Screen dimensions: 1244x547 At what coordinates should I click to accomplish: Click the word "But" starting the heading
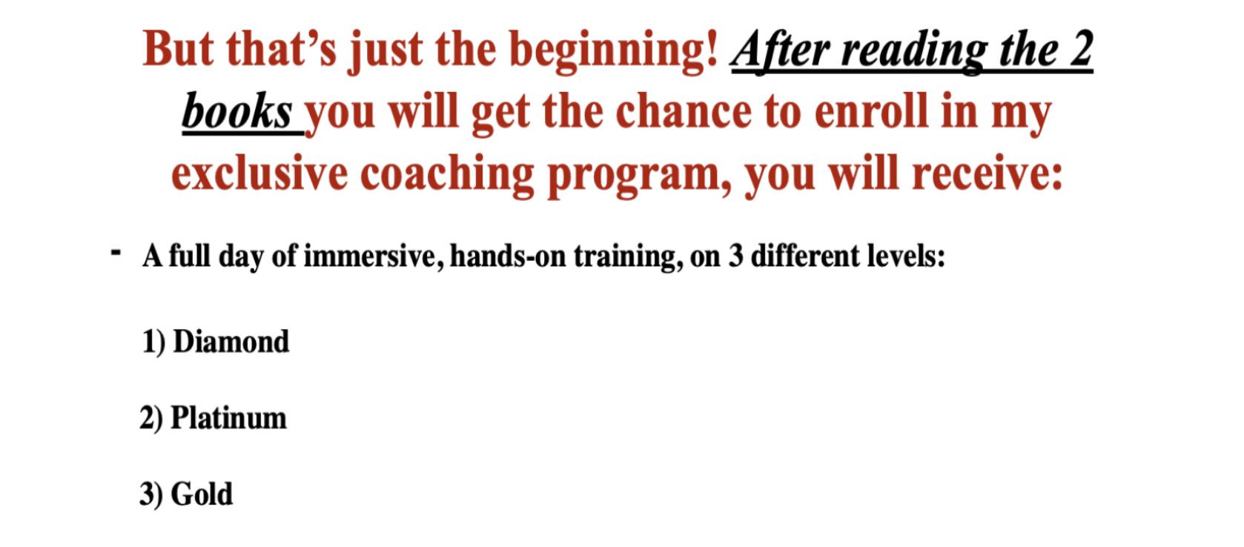(x=178, y=49)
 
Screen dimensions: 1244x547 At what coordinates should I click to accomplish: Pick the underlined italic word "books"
(x=237, y=111)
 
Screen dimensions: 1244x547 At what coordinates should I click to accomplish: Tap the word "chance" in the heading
(x=683, y=111)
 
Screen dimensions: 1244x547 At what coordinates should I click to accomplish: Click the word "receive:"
(x=987, y=173)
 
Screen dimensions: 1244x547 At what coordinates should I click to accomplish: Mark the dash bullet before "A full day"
(x=116, y=253)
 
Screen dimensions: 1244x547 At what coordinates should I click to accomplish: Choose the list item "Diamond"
(x=231, y=341)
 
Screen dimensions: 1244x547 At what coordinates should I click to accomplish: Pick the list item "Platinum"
(x=228, y=417)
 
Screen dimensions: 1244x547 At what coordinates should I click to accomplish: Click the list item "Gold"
(x=202, y=494)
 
